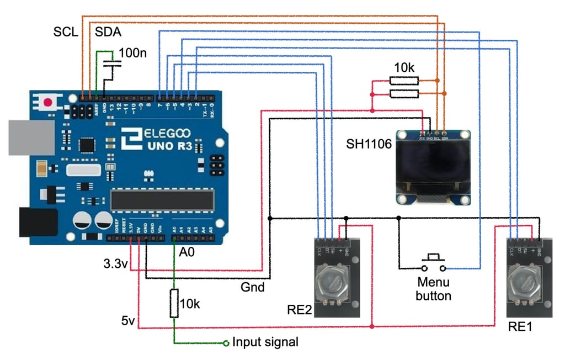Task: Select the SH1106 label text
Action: (x=369, y=145)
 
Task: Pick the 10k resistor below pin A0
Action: (x=174, y=303)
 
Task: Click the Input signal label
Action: (x=265, y=342)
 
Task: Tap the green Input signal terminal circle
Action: (x=226, y=343)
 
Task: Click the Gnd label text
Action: (x=252, y=287)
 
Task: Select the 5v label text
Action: (x=129, y=320)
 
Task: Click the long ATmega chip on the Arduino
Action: (x=161, y=200)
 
